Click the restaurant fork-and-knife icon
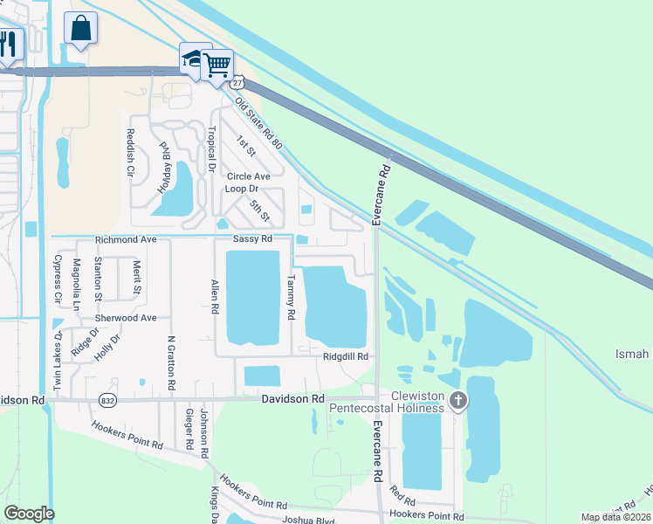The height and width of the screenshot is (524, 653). click(8, 44)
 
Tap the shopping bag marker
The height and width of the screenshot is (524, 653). click(80, 28)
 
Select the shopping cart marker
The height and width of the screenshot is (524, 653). click(216, 64)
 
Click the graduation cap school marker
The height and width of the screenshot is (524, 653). click(194, 59)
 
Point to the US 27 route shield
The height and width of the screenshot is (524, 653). click(237, 81)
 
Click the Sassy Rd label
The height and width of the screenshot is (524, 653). click(252, 239)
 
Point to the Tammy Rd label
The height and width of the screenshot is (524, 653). click(291, 296)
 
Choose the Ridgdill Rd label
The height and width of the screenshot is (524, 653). click(346, 356)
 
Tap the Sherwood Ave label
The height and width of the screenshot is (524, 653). click(126, 319)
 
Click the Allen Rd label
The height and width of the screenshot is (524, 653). click(213, 298)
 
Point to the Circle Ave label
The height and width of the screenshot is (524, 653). click(249, 176)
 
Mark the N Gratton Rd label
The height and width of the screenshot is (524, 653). click(171, 362)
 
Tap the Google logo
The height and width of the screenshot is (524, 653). click(29, 514)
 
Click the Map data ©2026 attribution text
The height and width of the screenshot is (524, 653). click(615, 517)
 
